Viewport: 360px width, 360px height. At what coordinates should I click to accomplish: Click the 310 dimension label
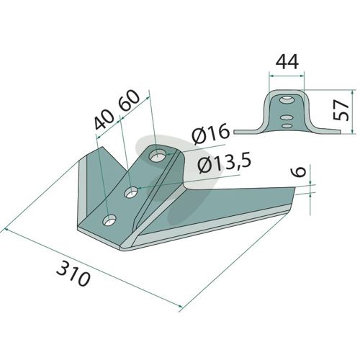pyautogui.click(x=73, y=274)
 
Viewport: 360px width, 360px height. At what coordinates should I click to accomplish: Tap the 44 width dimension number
pyautogui.click(x=287, y=62)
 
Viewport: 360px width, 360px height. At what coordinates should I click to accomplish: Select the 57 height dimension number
pyautogui.click(x=341, y=110)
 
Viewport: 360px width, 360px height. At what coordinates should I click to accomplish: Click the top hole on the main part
pyautogui.click(x=157, y=157)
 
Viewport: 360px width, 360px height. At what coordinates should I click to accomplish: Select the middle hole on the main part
pyautogui.click(x=131, y=192)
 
